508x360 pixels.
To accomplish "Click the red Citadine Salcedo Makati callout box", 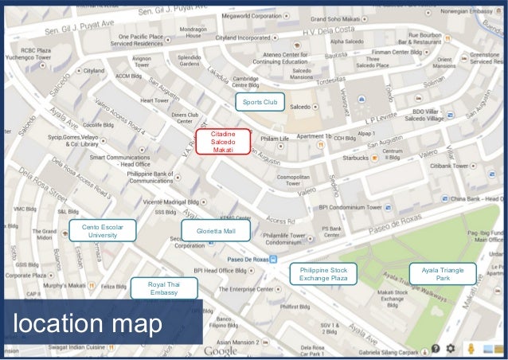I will click(223, 140).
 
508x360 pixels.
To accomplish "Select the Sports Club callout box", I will click(260, 102).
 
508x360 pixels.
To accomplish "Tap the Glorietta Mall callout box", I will click(217, 231).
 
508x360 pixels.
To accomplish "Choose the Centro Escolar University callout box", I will click(103, 231).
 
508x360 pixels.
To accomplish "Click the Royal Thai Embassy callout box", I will click(164, 288).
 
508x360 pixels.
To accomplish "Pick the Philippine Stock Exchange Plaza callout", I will click(323, 275).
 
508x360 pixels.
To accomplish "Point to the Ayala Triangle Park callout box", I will click(443, 274).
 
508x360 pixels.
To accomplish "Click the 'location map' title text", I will click(87, 324).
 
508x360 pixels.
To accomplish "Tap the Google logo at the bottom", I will click(221, 351).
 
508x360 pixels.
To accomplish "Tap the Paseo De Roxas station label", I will click(248, 260).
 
